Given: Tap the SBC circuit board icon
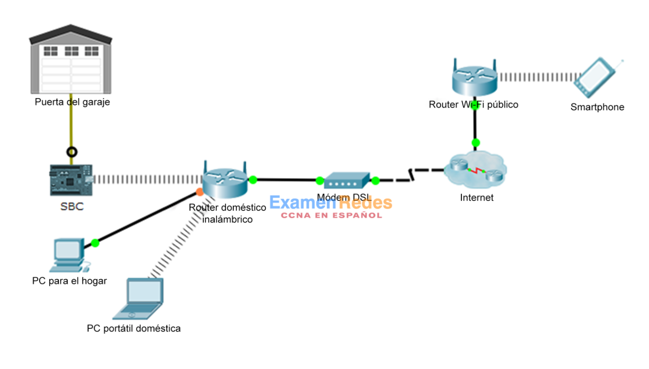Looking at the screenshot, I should click(71, 180).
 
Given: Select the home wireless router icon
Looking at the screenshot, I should click(225, 180).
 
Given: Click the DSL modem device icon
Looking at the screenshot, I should click(347, 180).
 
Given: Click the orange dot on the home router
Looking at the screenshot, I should click(199, 193).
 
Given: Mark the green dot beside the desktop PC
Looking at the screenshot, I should click(95, 243).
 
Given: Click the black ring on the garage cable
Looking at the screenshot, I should click(72, 152).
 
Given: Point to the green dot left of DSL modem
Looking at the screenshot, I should click(320, 181).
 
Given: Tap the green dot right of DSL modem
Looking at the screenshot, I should click(375, 181).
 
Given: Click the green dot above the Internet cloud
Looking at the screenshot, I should click(476, 142).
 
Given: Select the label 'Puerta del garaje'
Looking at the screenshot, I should click(72, 102).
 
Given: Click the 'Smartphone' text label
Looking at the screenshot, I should click(597, 107).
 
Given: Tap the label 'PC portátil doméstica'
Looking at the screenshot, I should click(134, 328).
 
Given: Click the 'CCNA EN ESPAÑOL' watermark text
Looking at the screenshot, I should click(331, 215).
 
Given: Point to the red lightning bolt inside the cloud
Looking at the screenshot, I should click(477, 171).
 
